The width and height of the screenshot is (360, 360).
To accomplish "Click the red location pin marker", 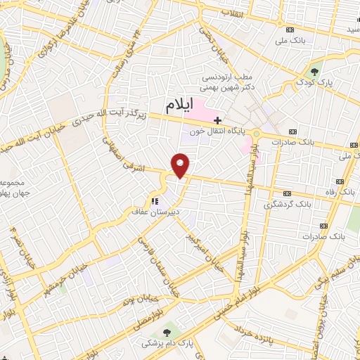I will (181, 165).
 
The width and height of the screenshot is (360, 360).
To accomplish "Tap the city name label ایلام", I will (179, 106).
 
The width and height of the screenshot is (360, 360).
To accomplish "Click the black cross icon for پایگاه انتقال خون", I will (218, 120).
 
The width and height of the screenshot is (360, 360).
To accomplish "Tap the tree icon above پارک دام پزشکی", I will (166, 333).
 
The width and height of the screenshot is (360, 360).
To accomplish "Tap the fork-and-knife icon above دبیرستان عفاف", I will (155, 201).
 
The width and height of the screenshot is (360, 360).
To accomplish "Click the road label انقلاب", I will (232, 14).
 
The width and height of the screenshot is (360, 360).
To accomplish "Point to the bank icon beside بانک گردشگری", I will (286, 193).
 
